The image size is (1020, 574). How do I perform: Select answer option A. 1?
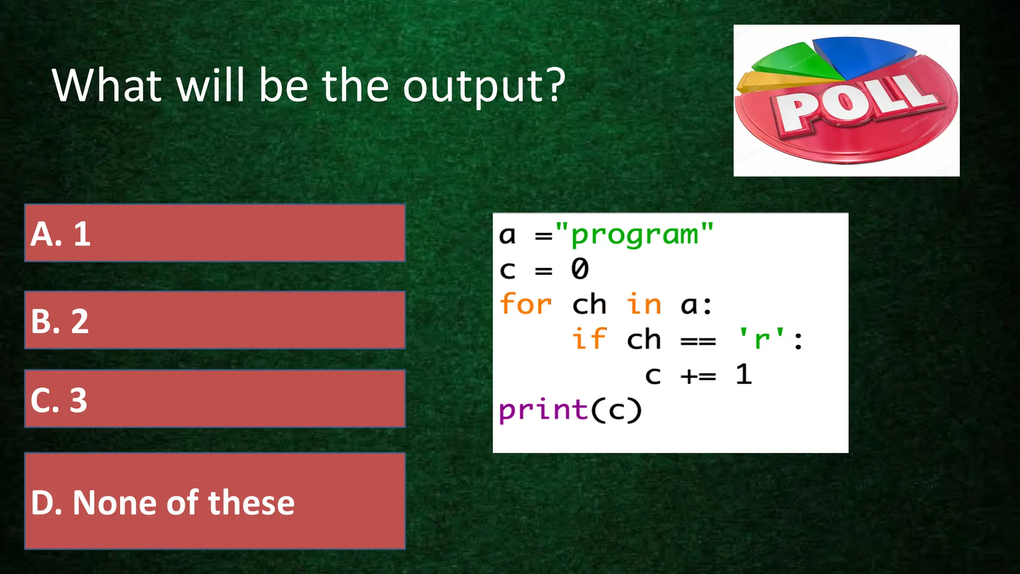pos(215,233)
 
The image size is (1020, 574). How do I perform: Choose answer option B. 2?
pos(215,320)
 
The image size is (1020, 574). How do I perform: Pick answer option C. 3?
pos(215,399)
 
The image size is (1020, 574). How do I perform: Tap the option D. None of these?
pos(215,501)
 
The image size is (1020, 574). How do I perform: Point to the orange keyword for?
pos(525,304)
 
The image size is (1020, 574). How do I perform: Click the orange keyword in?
pos(643,304)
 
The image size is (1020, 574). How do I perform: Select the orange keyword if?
pos(589,339)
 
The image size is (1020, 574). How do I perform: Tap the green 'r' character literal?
pos(762,340)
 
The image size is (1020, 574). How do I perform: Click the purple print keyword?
pos(543,410)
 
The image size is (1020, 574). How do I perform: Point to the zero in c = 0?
pos(580,269)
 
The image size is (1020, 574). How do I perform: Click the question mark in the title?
pos(555,85)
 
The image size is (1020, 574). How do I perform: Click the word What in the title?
pos(107,86)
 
